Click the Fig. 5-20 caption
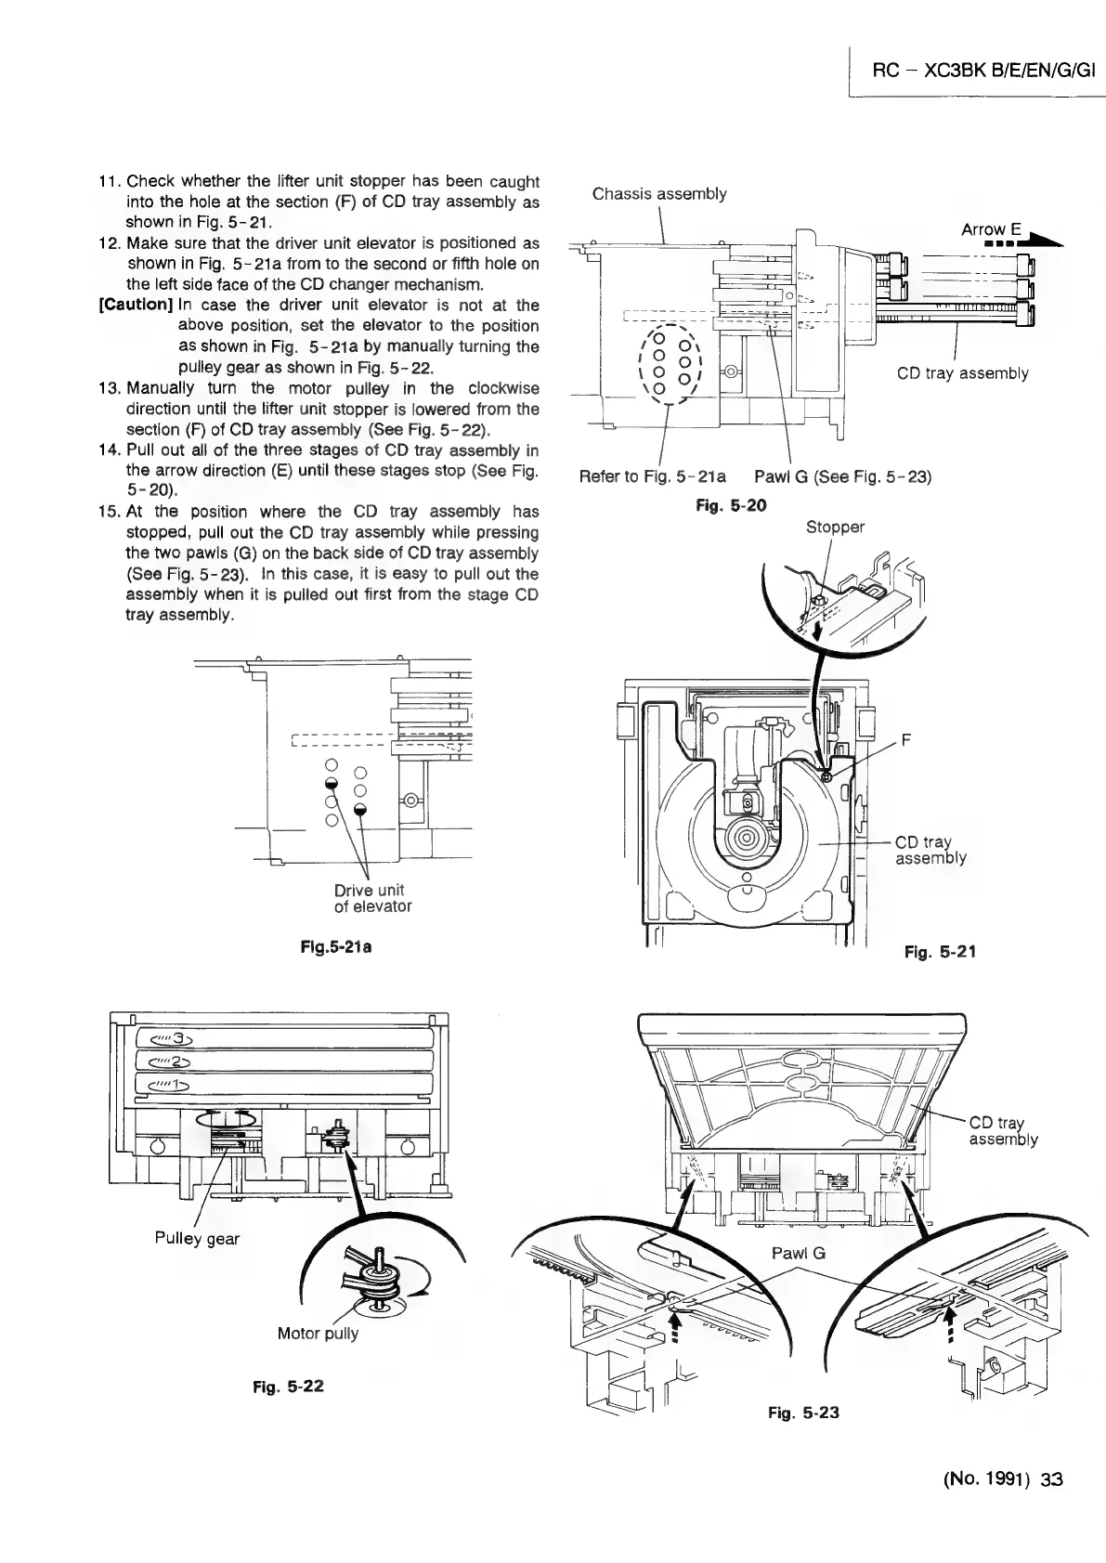731,506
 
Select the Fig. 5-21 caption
940,951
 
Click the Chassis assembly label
659,193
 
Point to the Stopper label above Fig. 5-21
835,528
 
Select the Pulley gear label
197,1238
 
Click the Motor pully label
318,1334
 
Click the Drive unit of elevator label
372,898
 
